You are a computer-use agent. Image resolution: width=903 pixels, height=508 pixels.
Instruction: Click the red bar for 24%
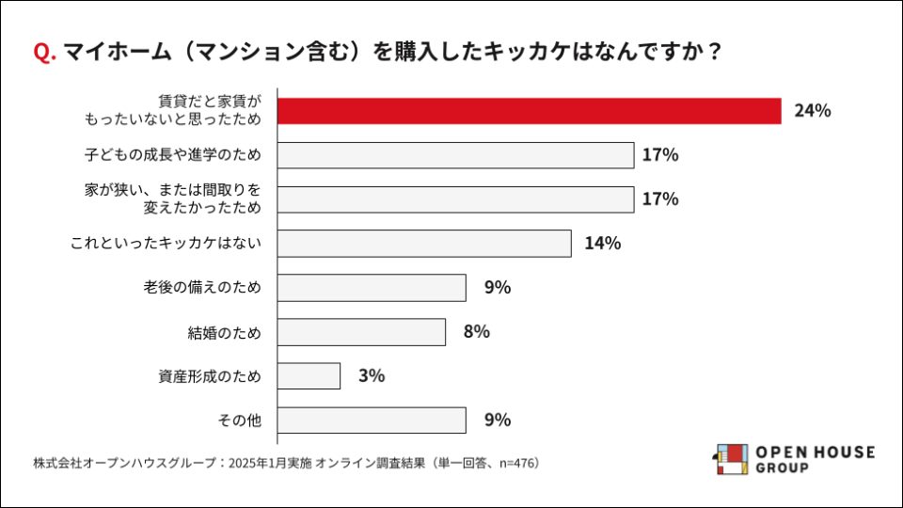[530, 111]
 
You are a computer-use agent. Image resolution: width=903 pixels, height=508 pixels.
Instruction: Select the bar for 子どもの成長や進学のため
[455, 155]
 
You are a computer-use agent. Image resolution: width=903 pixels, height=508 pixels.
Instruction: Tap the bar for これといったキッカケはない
[424, 244]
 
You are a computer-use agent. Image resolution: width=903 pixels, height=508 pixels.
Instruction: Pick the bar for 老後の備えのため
[372, 288]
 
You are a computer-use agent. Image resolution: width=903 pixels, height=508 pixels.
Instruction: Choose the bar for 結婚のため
[361, 332]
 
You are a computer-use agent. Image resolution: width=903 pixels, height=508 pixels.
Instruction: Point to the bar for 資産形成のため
[309, 376]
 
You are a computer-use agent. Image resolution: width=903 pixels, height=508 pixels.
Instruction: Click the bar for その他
[372, 421]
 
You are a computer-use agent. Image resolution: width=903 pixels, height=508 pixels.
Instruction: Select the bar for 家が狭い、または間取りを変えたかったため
[455, 199]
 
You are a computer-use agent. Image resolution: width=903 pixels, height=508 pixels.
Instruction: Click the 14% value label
[602, 244]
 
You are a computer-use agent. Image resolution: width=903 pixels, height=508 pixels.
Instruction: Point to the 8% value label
[477, 332]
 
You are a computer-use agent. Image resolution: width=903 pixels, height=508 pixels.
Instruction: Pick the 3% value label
[372, 376]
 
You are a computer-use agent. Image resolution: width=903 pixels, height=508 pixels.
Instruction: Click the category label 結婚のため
[224, 332]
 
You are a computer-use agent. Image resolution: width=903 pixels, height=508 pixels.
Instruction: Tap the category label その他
[238, 421]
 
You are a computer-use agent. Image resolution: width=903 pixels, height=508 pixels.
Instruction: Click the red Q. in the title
[44, 53]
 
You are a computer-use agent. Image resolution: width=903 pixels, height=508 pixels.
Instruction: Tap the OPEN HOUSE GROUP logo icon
[731, 459]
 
